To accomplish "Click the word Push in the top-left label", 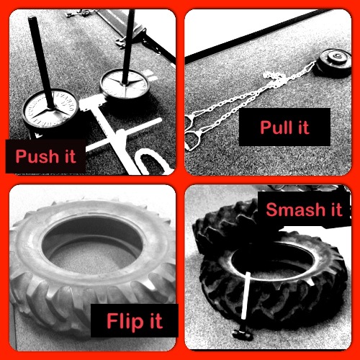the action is [x=37, y=156].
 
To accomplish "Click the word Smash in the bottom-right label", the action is [x=295, y=210].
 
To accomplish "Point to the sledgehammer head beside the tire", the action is [x=243, y=334].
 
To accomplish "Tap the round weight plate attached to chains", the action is [x=334, y=63].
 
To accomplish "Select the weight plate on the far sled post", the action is [x=124, y=84].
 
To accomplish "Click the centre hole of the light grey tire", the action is [x=92, y=243].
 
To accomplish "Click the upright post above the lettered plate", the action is [x=42, y=62].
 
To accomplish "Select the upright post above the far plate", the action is [x=128, y=47].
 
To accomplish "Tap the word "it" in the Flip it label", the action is [x=156, y=320].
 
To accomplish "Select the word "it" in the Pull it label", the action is [x=303, y=127].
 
